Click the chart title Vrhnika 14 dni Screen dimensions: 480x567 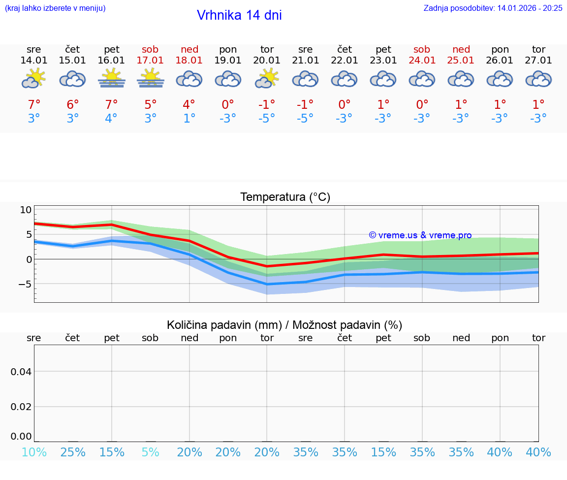pos(239,15)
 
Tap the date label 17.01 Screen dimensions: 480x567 pos(151,61)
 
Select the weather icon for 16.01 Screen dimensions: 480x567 pos(112,78)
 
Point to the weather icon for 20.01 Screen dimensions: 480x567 pos(267,78)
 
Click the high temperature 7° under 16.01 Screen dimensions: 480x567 pos(112,105)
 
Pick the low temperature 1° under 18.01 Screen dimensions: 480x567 pos(189,119)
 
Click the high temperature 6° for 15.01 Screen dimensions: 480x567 pos(73,105)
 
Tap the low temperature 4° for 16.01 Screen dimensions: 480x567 pos(112,119)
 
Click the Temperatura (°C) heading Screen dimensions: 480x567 pos(285,197)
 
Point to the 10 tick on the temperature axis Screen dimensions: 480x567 pos(26,210)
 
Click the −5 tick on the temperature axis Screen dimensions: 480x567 pos(23,284)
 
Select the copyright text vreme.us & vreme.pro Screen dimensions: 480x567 pos(420,235)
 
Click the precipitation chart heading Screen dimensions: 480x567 pos(284,325)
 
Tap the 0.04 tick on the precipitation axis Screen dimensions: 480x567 pos(22,372)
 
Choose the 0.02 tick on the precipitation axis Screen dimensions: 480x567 pos(22,407)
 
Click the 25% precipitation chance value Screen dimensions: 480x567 pos(73,452)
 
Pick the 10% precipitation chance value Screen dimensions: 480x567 pos(34,452)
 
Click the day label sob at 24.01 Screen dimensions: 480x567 pos(422,49)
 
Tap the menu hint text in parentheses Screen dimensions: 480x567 pos(55,8)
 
